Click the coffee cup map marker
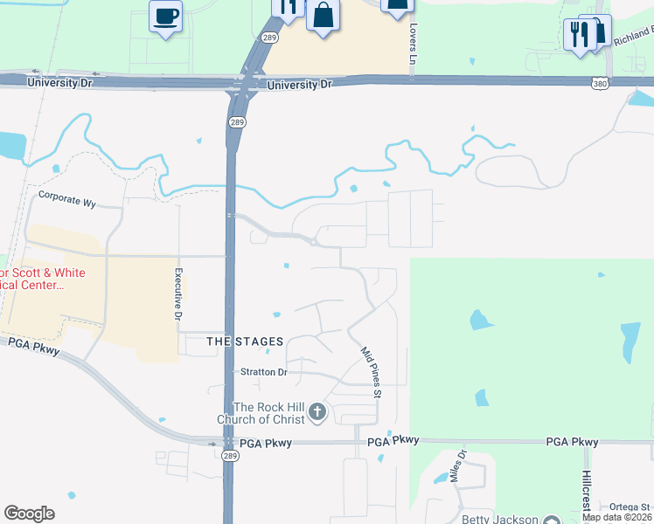[165, 16]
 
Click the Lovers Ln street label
[413, 44]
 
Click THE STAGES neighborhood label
[245, 341]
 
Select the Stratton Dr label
[263, 372]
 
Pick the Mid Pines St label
[371, 373]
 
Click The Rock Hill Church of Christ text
[269, 413]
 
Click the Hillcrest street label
[586, 493]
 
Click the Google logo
[30, 514]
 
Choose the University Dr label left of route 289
[59, 82]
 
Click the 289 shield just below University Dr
[236, 123]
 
